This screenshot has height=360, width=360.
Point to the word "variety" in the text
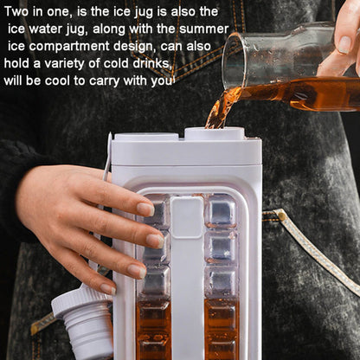(x=65, y=64)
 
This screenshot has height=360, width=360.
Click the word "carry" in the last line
(x=104, y=81)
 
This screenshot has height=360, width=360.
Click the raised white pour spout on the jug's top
(x=215, y=133)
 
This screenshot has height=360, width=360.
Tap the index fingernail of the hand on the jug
(x=146, y=209)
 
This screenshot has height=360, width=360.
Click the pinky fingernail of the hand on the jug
(x=108, y=289)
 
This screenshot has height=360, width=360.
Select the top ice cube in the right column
(x=222, y=210)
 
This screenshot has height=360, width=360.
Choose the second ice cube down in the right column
(x=222, y=247)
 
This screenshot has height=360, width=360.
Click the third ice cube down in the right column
(x=222, y=282)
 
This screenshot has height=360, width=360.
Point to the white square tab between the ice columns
(x=187, y=217)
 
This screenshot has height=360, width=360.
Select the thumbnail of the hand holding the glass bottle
(x=344, y=44)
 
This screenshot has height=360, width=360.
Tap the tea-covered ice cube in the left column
(x=154, y=318)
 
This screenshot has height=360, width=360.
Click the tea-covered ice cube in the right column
(x=222, y=318)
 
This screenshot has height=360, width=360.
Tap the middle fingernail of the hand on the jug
(x=156, y=241)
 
